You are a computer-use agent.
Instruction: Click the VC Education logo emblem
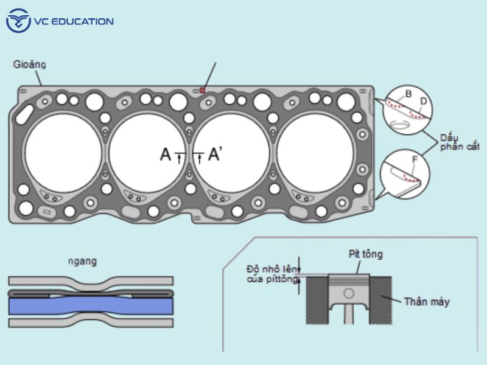point(18,21)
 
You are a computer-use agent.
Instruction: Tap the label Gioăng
point(30,64)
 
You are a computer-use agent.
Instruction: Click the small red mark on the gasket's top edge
point(202,90)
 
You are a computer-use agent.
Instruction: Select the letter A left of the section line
point(165,155)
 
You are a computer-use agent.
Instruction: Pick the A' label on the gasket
point(214,155)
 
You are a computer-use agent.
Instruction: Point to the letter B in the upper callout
point(408,94)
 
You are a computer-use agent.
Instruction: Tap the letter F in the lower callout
point(415,161)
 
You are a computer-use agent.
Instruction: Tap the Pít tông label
point(365,254)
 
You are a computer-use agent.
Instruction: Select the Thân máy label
point(427,301)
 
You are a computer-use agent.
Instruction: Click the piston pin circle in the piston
point(348,293)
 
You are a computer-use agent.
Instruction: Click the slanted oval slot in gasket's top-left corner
point(26,113)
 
